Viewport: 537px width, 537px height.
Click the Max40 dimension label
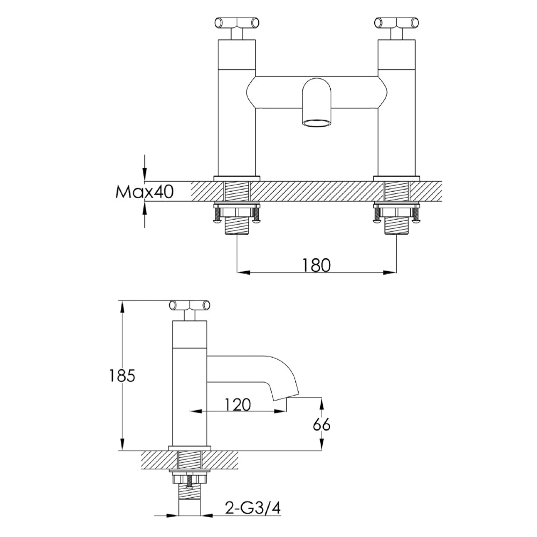pyautogui.click(x=144, y=192)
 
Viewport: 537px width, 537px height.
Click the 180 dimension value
pyautogui.click(x=316, y=264)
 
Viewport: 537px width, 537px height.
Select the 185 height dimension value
pyautogui.click(x=122, y=375)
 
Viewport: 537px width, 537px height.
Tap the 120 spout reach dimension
pyautogui.click(x=237, y=404)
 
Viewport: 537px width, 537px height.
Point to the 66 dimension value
pyautogui.click(x=321, y=424)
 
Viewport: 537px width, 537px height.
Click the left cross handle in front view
pyautogui.click(x=237, y=23)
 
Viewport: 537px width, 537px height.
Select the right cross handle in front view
pyautogui.click(x=396, y=23)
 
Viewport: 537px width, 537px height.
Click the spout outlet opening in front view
pyautogui.click(x=317, y=123)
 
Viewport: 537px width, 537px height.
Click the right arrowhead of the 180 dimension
pyautogui.click(x=390, y=272)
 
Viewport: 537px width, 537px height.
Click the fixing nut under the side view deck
pyautogui.click(x=189, y=477)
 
